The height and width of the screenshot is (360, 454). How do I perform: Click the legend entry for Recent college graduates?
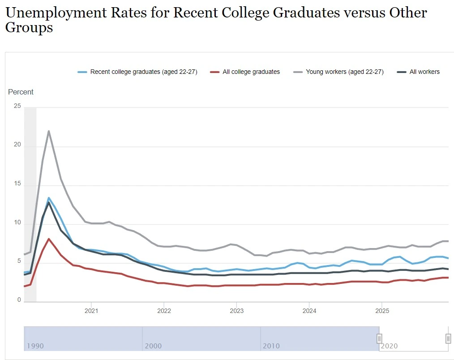[x=143, y=72]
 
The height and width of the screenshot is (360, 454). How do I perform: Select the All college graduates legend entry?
[x=251, y=72]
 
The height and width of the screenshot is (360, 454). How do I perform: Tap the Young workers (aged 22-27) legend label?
[x=344, y=72]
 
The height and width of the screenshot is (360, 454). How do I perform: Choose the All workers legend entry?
[x=424, y=72]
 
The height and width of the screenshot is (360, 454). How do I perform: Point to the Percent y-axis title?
[x=21, y=92]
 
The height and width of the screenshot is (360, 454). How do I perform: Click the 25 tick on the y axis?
[x=17, y=106]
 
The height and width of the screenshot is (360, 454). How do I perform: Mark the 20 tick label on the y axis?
[x=17, y=145]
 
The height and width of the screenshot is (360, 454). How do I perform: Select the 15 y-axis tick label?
[x=17, y=184]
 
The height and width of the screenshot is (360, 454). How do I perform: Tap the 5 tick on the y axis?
[x=19, y=262]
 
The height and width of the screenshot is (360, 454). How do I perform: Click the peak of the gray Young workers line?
[x=49, y=131]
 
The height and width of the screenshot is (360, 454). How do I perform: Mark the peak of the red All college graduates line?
[x=49, y=239]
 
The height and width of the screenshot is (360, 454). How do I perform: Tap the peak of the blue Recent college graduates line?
[x=49, y=197]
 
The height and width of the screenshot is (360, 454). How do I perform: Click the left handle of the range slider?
[x=379, y=339]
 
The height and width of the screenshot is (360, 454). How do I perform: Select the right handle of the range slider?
[x=448, y=339]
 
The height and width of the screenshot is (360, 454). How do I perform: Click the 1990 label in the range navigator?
[x=35, y=346]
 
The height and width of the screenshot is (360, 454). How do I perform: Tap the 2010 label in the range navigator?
[x=271, y=346]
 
